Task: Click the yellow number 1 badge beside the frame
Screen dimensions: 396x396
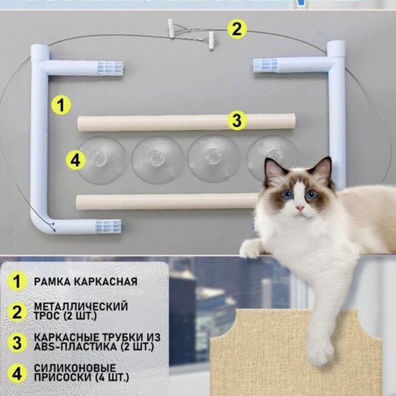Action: pyautogui.click(x=61, y=105)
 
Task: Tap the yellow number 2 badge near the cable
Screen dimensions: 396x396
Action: pyautogui.click(x=236, y=29)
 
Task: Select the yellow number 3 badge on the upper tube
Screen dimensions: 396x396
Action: pyautogui.click(x=236, y=121)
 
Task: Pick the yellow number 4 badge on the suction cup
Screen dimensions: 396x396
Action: pyautogui.click(x=75, y=161)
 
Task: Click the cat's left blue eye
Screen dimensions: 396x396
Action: pyautogui.click(x=287, y=194)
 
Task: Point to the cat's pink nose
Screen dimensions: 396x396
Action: pyautogui.click(x=299, y=208)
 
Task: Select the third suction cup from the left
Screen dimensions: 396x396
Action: pyautogui.click(x=213, y=158)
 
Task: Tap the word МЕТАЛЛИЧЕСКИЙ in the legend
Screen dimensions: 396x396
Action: pyautogui.click(x=81, y=306)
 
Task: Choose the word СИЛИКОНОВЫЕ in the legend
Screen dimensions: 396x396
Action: pyautogui.click(x=75, y=368)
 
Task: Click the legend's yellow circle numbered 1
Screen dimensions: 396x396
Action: pyautogui.click(x=17, y=281)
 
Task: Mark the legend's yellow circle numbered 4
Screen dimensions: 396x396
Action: pyautogui.click(x=17, y=374)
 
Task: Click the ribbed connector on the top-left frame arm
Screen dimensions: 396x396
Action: pyautogui.click(x=110, y=68)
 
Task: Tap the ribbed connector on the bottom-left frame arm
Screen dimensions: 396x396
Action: pyautogui.click(x=109, y=226)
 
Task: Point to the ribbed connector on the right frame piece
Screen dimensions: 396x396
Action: pyautogui.click(x=266, y=65)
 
